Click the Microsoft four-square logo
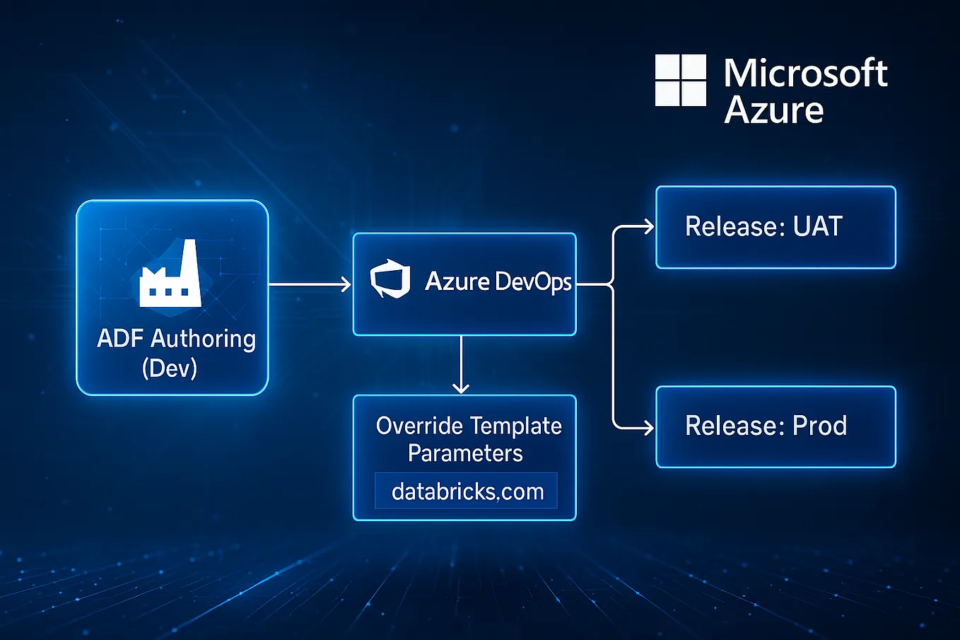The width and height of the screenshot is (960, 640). pos(680,80)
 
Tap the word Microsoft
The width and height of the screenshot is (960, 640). pos(805,74)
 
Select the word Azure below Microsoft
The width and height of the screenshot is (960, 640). pos(774,110)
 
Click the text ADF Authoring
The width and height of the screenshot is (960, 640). pos(176,339)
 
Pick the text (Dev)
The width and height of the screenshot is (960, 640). pos(170,368)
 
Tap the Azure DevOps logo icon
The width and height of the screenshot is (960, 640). pos(390,279)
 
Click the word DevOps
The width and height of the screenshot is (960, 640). pos(533,281)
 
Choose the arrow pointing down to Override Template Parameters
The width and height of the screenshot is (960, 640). pos(461,364)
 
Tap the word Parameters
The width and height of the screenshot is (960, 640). pos(465,453)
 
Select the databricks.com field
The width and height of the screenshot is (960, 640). pos(467,491)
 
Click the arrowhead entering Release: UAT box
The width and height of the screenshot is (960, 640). pos(647,226)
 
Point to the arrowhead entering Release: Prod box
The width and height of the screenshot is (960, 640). pos(647,427)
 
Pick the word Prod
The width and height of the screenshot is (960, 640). pos(819,426)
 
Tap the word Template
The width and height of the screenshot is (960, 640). pos(518,426)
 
